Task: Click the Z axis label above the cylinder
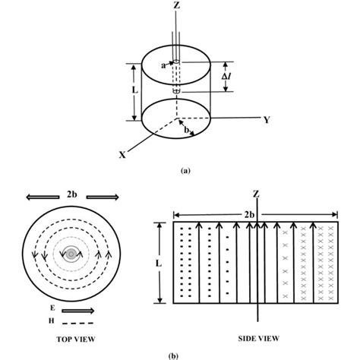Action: click(x=176, y=5)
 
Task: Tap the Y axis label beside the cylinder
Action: click(x=267, y=120)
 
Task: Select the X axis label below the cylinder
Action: click(x=122, y=155)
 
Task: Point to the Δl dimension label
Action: click(x=226, y=76)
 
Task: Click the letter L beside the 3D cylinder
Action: click(x=135, y=90)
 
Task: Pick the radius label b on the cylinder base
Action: click(x=186, y=130)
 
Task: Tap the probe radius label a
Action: click(x=163, y=65)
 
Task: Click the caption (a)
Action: click(x=185, y=171)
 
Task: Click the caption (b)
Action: click(x=173, y=356)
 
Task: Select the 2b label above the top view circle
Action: click(x=72, y=194)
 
